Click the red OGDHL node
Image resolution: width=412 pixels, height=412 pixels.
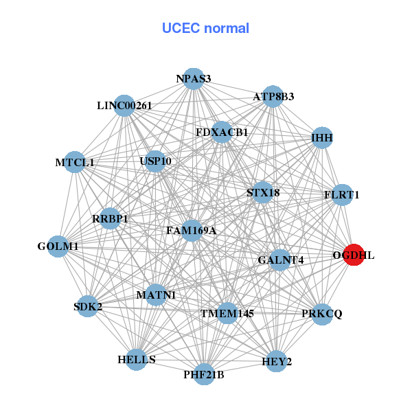click(353, 255)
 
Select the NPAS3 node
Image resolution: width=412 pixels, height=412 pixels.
click(194, 79)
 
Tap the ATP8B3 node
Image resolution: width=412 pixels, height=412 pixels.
click(273, 97)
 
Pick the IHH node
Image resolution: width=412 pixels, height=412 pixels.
click(322, 138)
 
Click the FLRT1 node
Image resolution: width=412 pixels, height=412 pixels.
click(341, 195)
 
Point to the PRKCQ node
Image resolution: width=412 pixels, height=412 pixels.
click(321, 314)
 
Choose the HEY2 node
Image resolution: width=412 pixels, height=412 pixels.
click(276, 361)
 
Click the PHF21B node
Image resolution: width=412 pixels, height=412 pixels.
click(204, 374)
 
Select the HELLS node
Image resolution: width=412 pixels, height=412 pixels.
click(137, 360)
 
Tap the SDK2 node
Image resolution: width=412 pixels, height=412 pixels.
click(88, 306)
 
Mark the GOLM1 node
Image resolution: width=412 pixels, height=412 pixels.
click(58, 246)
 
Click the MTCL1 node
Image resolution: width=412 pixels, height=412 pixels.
click(75, 163)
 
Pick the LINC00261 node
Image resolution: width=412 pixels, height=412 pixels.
click(124, 106)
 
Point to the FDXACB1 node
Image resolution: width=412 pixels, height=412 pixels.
click(222, 132)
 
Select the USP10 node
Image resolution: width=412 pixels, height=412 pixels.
click(155, 161)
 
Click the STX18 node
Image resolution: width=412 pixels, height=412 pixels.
click(263, 193)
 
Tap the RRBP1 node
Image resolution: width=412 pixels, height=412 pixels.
click(110, 219)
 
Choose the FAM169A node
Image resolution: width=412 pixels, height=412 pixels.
click(191, 231)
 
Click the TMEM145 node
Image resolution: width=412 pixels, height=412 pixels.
click(227, 313)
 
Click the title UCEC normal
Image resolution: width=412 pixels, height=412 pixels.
click(205, 28)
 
